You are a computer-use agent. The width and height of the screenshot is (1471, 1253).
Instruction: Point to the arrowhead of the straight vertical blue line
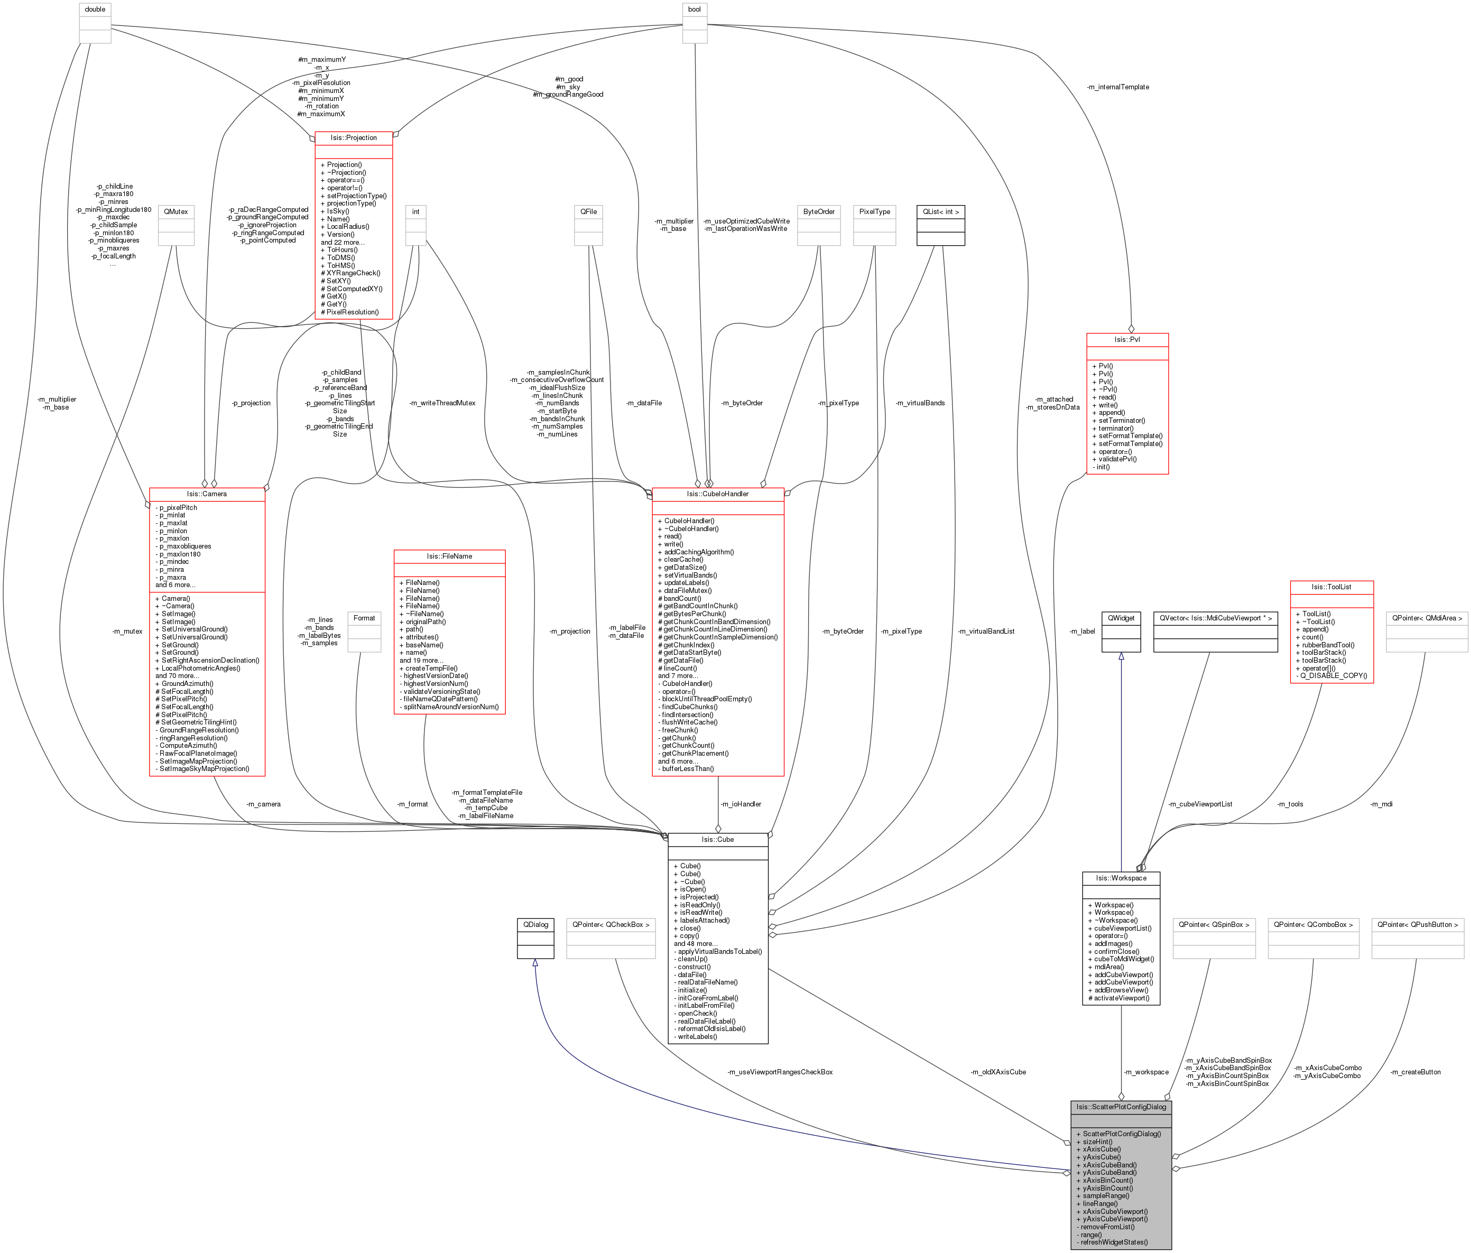[1121, 657]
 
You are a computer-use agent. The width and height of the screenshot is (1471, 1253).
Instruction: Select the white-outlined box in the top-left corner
[95, 23]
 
